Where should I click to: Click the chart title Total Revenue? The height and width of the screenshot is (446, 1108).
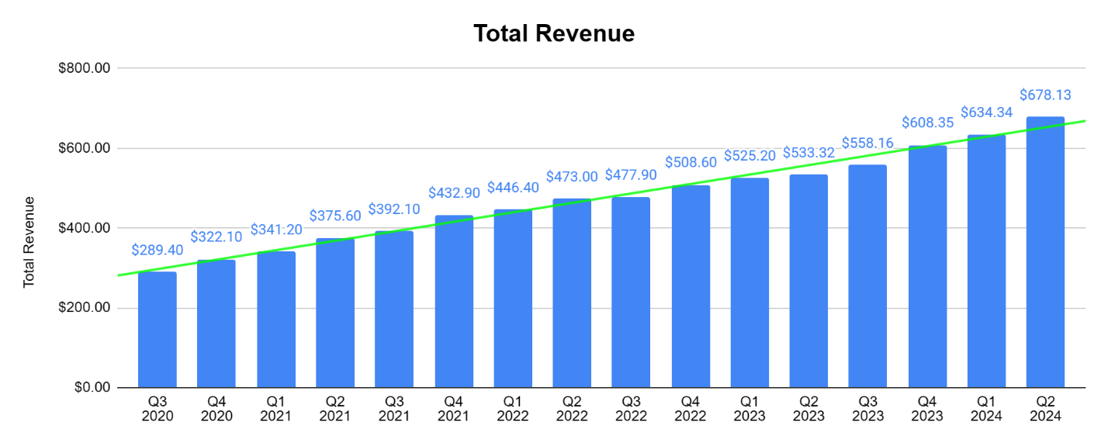click(x=553, y=33)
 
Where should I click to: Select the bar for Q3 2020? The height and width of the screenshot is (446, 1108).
click(x=158, y=330)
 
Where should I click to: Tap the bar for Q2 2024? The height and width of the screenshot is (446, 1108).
click(x=1045, y=252)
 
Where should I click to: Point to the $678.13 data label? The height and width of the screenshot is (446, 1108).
click(x=1045, y=95)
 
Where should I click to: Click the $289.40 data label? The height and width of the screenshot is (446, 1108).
click(x=158, y=251)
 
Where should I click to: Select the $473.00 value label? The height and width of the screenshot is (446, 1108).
click(x=572, y=177)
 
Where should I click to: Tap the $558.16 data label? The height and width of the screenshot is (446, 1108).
click(x=867, y=143)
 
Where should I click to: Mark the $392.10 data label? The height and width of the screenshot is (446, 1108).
click(x=394, y=209)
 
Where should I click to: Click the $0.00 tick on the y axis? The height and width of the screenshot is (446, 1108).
click(x=92, y=388)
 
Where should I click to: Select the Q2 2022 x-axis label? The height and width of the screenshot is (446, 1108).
click(x=572, y=409)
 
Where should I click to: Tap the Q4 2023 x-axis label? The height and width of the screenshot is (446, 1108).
click(x=926, y=409)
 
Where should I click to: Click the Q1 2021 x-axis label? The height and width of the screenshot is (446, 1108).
click(x=276, y=409)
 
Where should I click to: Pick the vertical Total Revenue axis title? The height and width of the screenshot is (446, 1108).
click(x=29, y=242)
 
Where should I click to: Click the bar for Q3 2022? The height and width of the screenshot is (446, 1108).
click(x=631, y=292)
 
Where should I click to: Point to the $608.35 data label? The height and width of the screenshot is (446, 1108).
click(x=927, y=123)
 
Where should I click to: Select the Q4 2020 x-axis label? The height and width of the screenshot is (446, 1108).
click(x=216, y=409)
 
